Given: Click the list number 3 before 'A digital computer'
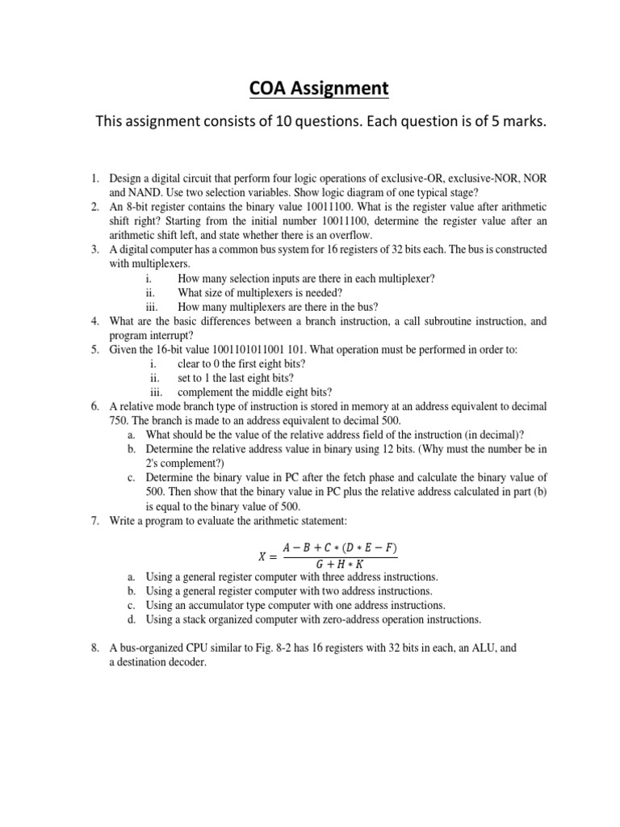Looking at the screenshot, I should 94,250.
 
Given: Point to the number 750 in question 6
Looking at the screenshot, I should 119,421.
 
